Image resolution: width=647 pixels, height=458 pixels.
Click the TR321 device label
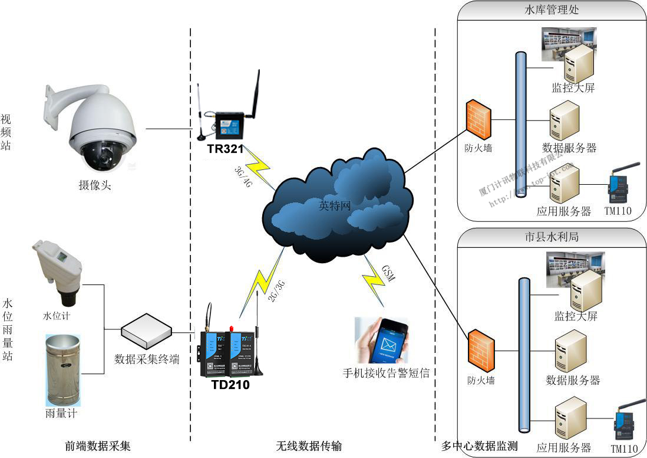225,149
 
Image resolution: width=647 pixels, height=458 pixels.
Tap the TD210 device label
230,385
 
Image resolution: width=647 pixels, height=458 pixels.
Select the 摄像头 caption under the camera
95,185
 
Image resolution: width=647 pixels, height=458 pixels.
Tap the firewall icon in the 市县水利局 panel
481,351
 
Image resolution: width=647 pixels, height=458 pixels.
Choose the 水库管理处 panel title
552,10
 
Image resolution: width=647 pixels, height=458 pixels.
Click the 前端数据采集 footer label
98,446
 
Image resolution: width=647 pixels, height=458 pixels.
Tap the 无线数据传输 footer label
309,446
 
